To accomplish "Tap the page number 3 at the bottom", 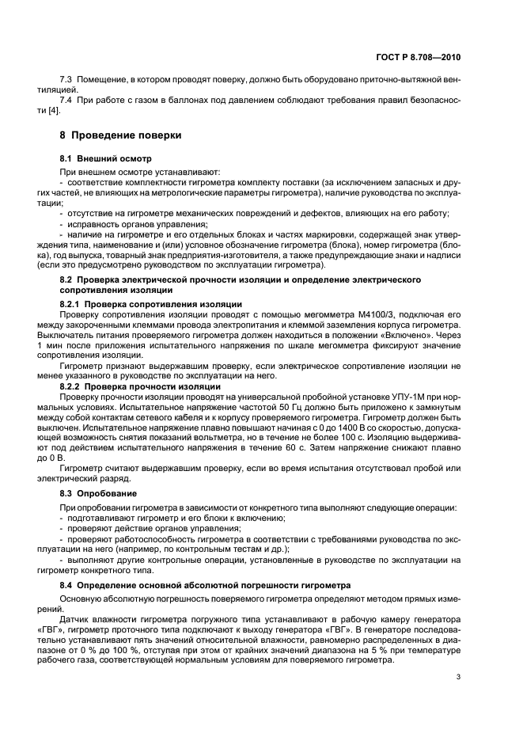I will (459, 677).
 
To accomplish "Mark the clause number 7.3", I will (66, 81).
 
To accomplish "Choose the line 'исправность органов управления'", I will (131, 222).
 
